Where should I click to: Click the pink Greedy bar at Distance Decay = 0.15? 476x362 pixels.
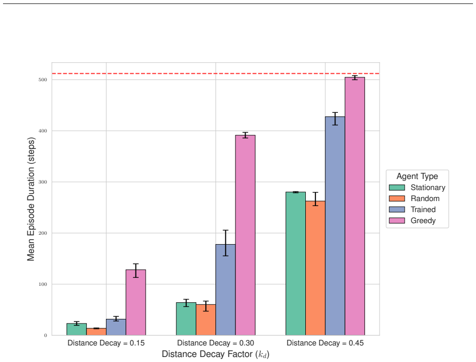136,302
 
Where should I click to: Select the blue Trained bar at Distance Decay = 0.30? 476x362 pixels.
225,290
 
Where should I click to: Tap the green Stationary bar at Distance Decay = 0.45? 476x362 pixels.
296,263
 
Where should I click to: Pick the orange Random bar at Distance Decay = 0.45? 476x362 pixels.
315,268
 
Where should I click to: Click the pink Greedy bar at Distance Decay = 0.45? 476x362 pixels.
355,206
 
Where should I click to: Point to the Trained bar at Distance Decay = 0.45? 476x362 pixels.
335,226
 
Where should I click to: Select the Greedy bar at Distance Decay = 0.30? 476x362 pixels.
246,235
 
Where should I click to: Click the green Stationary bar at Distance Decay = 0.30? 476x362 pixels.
186,319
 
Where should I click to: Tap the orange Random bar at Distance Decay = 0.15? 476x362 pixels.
96,332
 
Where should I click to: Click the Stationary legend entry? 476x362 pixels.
417,188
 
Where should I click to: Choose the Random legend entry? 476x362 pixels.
414,199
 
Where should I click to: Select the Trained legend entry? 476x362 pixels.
413,210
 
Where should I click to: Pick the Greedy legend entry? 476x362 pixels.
413,221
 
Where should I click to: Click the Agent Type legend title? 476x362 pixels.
417,176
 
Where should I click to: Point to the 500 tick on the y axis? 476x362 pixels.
43,80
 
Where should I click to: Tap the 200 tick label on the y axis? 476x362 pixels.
43,233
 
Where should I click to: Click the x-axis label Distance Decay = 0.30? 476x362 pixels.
215,343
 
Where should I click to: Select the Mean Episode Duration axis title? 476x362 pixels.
31,199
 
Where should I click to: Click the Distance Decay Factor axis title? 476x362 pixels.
215,354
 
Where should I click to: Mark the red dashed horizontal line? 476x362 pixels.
215,73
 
